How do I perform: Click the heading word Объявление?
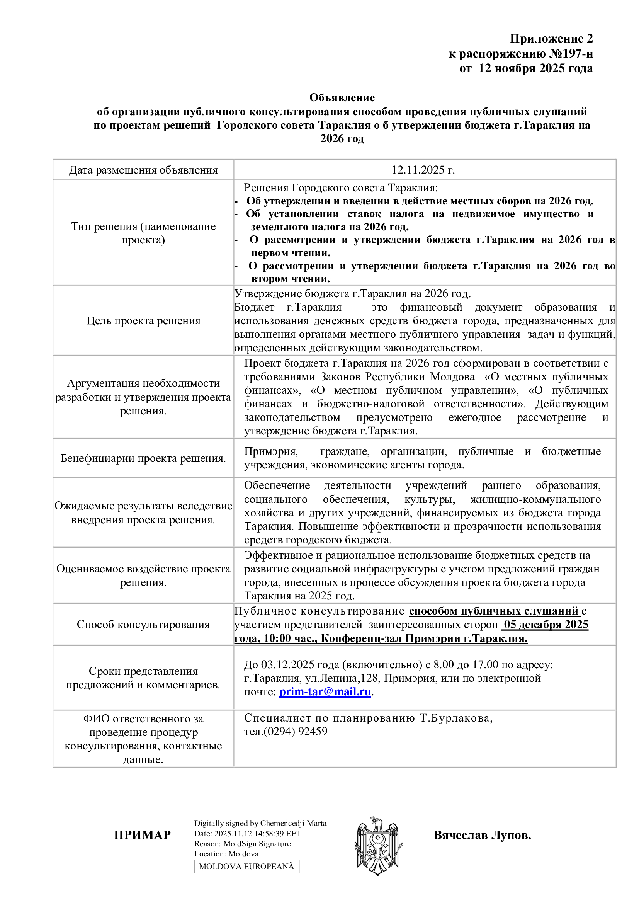click(x=342, y=97)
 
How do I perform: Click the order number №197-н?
click(x=571, y=54)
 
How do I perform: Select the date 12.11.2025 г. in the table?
click(x=423, y=170)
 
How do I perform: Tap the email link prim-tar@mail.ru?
click(x=325, y=692)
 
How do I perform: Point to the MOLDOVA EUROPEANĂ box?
click(x=247, y=866)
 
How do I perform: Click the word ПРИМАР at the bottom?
click(x=142, y=835)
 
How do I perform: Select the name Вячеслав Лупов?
click(x=482, y=835)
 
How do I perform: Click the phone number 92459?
click(x=313, y=731)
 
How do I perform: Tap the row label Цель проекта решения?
click(x=143, y=320)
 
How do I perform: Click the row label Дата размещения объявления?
click(x=143, y=170)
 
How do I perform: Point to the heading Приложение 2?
click(x=551, y=39)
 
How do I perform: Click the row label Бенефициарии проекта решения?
click(x=143, y=458)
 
